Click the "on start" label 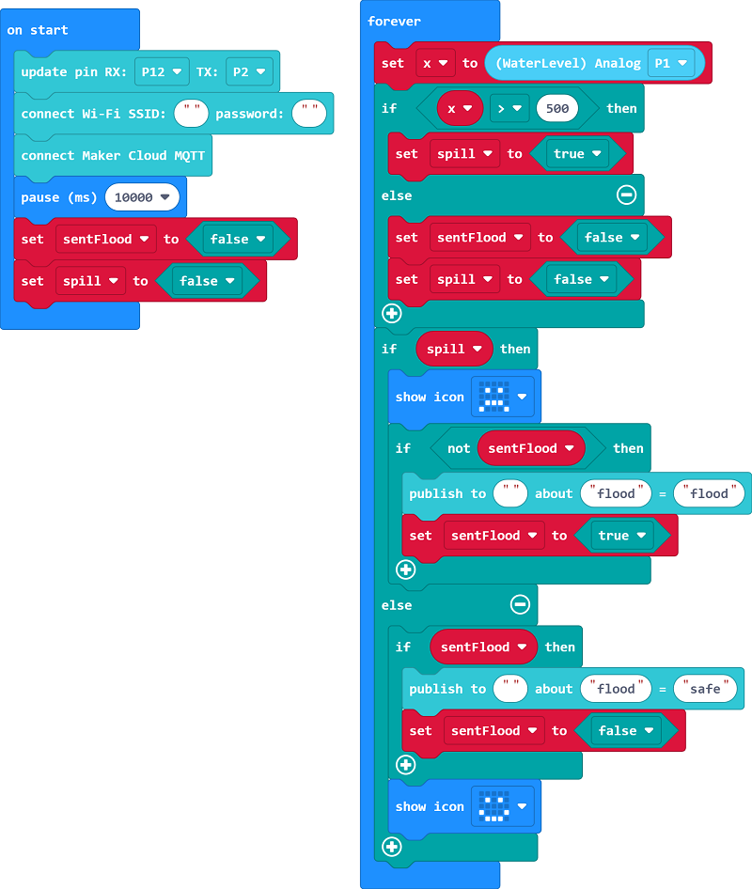[x=38, y=30]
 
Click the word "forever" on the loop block [x=394, y=22]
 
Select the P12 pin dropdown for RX [x=161, y=71]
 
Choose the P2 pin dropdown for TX [x=249, y=71]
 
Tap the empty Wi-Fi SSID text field [x=192, y=114]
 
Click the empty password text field [x=308, y=114]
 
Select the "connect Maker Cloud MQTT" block [x=113, y=156]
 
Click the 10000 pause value [x=142, y=197]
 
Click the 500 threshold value [x=556, y=109]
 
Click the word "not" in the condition [x=459, y=448]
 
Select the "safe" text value [x=705, y=689]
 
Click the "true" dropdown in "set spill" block [x=576, y=154]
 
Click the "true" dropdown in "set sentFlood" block [x=620, y=536]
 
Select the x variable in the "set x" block [x=433, y=63]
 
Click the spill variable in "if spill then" [x=455, y=349]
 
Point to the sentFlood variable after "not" [x=530, y=448]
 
